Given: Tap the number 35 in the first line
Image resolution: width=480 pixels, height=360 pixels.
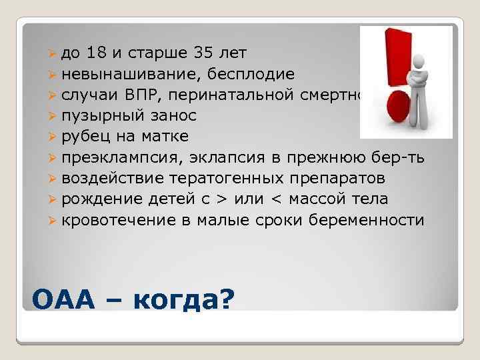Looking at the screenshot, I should tap(205, 53).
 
